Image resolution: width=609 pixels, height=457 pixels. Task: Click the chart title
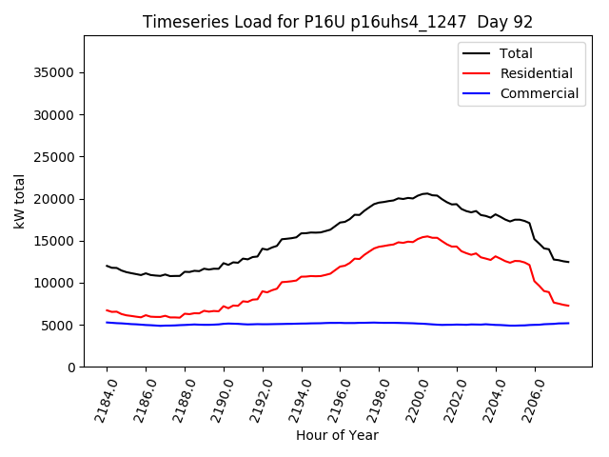click(337, 22)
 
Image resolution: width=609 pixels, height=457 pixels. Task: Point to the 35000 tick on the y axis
click(55, 73)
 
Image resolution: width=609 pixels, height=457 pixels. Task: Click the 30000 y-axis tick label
click(55, 115)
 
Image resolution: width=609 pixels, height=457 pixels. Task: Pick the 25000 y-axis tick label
click(55, 157)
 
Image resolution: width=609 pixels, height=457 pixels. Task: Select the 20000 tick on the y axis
click(55, 199)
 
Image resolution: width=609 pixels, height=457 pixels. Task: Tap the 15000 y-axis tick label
click(55, 241)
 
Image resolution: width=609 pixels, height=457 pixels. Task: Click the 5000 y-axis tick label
click(59, 326)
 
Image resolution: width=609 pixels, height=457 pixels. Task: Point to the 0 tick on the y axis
click(72, 368)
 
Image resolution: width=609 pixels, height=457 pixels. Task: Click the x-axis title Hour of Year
click(337, 436)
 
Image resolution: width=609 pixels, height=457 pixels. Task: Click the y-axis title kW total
click(19, 201)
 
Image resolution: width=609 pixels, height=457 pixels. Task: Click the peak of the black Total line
click(426, 193)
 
